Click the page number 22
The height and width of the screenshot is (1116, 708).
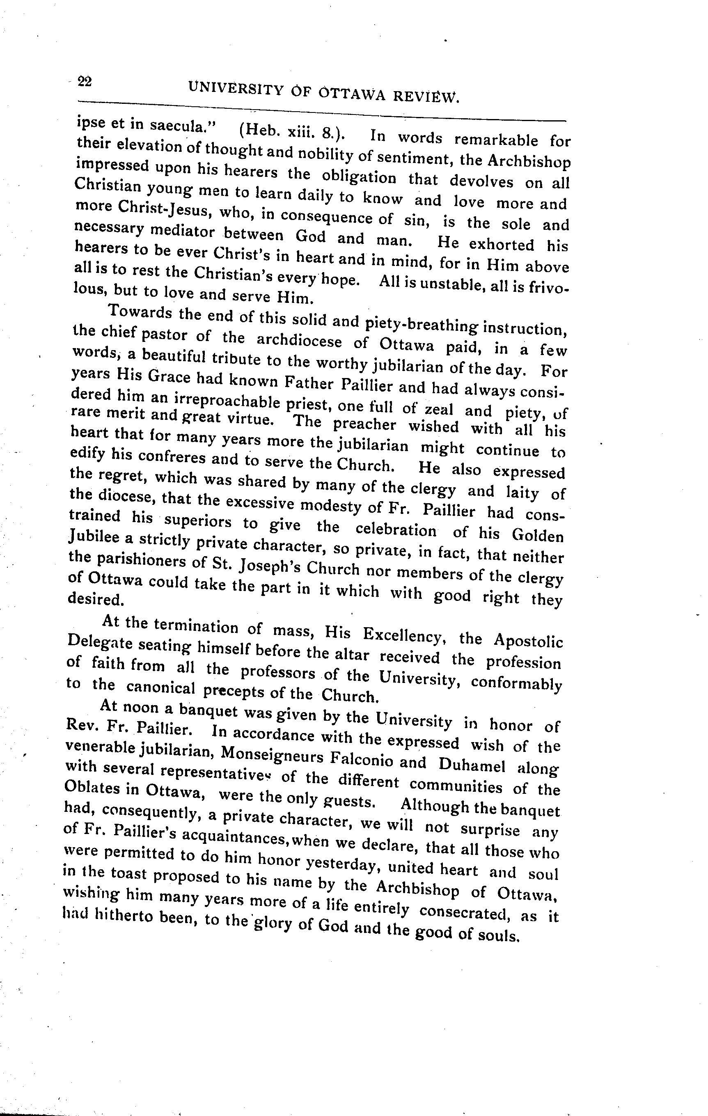[85, 82]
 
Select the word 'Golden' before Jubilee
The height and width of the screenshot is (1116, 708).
[538, 535]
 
